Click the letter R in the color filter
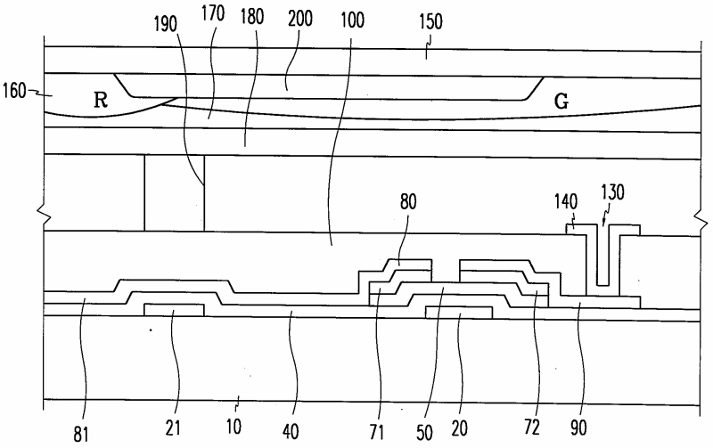102,102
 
